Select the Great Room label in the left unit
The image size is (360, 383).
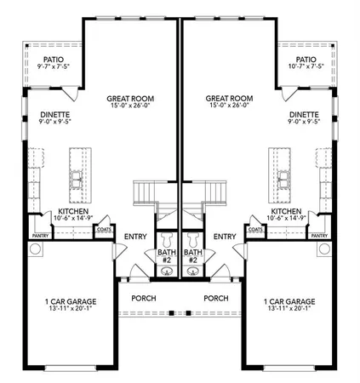point(130,101)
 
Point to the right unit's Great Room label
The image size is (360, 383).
point(229,101)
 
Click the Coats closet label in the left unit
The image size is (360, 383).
point(105,229)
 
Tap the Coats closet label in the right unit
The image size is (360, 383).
point(254,229)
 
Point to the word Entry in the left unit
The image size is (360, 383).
point(135,237)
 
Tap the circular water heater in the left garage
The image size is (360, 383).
point(36,249)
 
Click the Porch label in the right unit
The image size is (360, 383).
point(216,298)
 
